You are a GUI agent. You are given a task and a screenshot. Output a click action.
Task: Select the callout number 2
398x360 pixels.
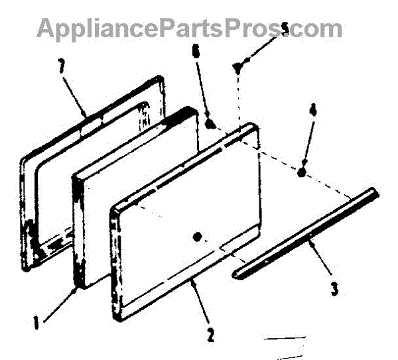click(210, 335)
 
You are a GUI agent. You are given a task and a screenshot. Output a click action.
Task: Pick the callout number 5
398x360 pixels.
click(285, 29)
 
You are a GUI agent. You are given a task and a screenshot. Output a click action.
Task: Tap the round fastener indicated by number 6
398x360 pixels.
click(210, 124)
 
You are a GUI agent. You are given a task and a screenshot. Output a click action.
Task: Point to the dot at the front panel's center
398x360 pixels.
click(196, 236)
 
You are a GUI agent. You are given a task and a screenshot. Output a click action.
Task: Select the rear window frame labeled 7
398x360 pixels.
click(40, 199)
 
